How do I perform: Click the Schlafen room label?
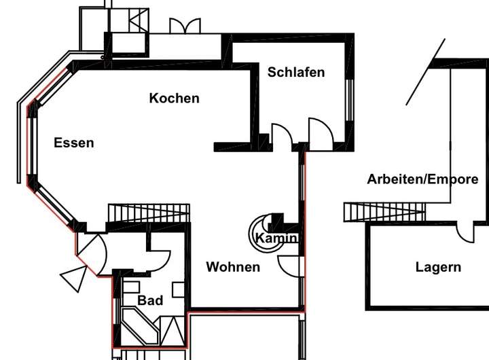click(x=296, y=73)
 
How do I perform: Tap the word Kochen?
click(x=175, y=98)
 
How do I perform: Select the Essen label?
click(x=74, y=143)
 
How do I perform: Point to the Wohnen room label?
click(x=233, y=267)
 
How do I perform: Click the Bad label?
click(x=150, y=300)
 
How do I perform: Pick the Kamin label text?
click(x=276, y=238)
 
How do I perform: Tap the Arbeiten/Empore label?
click(x=422, y=179)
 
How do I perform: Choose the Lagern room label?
click(x=438, y=268)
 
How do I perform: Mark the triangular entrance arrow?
click(x=75, y=278)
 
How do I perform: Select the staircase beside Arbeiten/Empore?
click(x=384, y=212)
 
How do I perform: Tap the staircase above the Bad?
click(x=149, y=213)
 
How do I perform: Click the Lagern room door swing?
click(x=465, y=232)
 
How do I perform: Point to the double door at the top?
click(x=185, y=26)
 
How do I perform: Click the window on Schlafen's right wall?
click(x=350, y=100)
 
